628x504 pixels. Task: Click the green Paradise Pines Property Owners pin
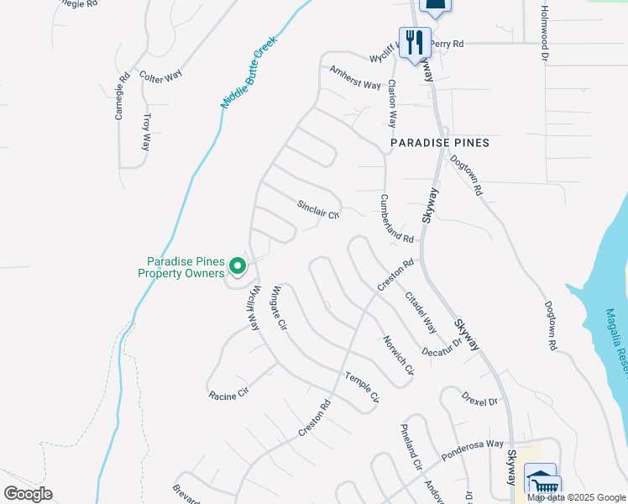(x=238, y=267)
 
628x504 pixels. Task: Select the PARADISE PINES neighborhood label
(x=440, y=144)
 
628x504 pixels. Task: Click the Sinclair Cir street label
(x=317, y=208)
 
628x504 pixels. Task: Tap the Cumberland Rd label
(x=397, y=219)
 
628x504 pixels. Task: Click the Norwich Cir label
(x=399, y=355)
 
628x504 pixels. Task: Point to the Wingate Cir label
(x=279, y=307)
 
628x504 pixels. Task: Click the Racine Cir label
(x=229, y=393)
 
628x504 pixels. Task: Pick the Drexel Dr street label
(x=480, y=396)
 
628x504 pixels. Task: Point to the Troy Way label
(x=147, y=132)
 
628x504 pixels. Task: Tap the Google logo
(x=29, y=494)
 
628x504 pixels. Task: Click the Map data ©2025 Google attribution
(x=576, y=497)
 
